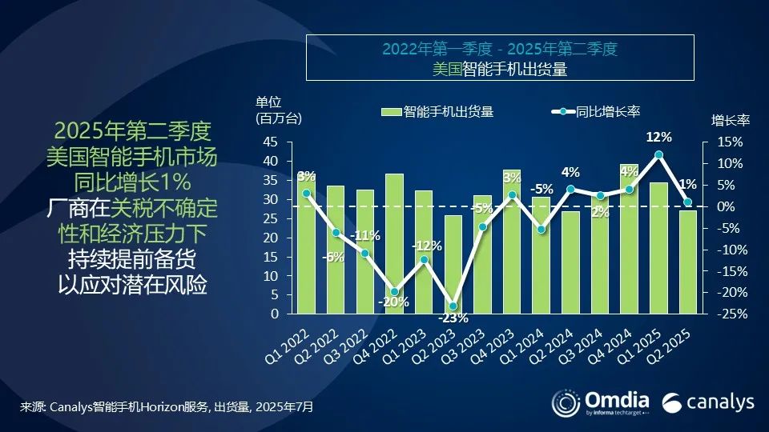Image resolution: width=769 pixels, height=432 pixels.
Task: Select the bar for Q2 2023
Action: coord(453,264)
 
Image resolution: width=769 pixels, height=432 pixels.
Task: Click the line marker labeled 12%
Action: coord(658,154)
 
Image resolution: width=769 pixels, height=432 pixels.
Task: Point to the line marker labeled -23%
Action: coord(453,306)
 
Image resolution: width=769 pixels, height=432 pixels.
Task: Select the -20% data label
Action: coord(394,302)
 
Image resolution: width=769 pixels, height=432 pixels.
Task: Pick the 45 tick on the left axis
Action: coord(271,142)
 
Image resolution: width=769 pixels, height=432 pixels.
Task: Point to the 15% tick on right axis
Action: coord(729,142)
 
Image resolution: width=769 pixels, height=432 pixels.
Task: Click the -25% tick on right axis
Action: coord(729,314)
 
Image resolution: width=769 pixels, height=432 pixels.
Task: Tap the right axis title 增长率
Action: coord(730,121)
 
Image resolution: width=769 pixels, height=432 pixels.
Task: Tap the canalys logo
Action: coord(709,401)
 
